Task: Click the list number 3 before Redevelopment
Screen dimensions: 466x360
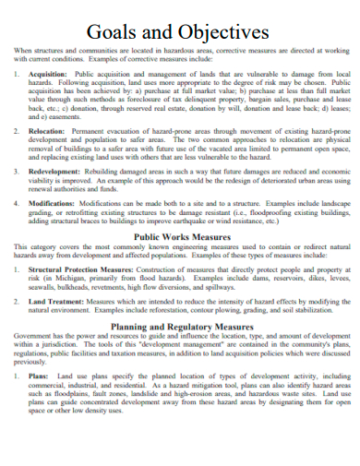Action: pos(18,173)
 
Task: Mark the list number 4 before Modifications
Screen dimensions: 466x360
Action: pos(18,203)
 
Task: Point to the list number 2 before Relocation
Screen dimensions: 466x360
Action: pos(18,132)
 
